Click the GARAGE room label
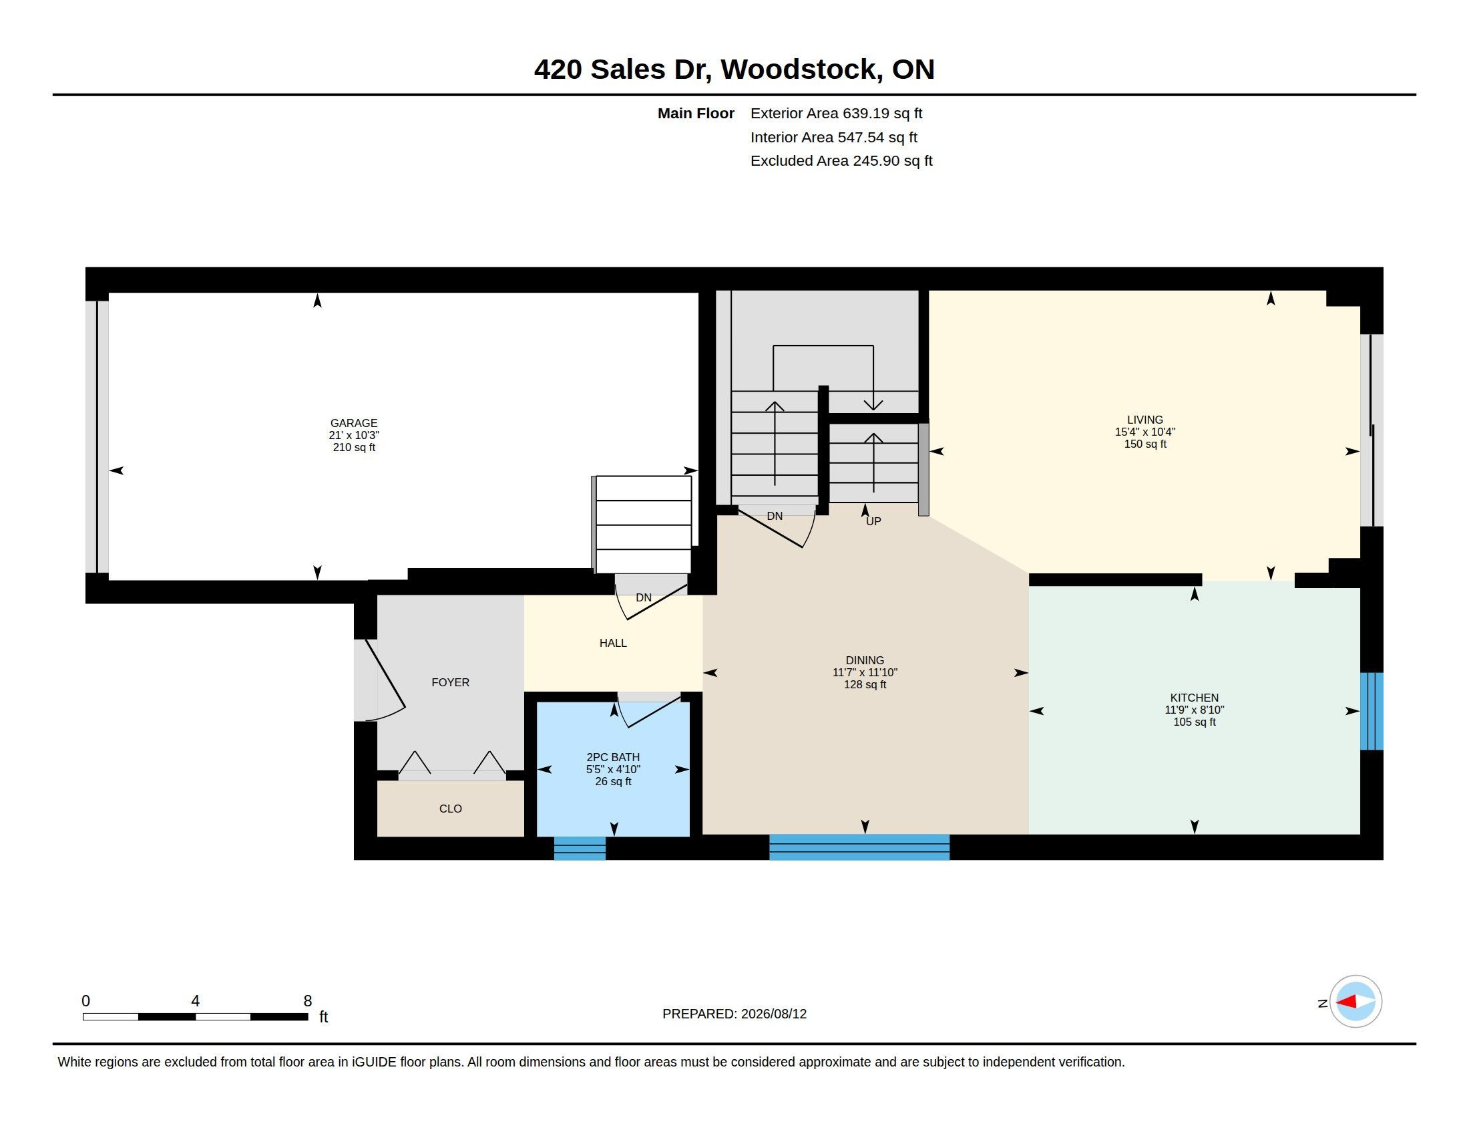tap(354, 423)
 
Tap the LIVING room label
tap(1144, 420)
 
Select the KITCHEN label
tap(1194, 698)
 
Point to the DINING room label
tap(865, 660)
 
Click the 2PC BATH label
tap(613, 757)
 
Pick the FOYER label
tap(450, 682)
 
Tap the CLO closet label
tap(450, 809)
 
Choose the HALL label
tap(613, 644)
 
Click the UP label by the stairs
tap(873, 522)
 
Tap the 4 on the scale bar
tap(195, 1001)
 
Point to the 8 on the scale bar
tap(307, 1001)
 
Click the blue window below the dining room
tap(859, 847)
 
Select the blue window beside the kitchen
tap(1372, 712)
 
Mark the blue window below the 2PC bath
tap(579, 848)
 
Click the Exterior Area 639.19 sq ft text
tap(836, 114)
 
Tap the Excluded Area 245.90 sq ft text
tap(841, 161)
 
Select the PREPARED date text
tap(734, 1014)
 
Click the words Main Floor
tap(696, 114)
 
